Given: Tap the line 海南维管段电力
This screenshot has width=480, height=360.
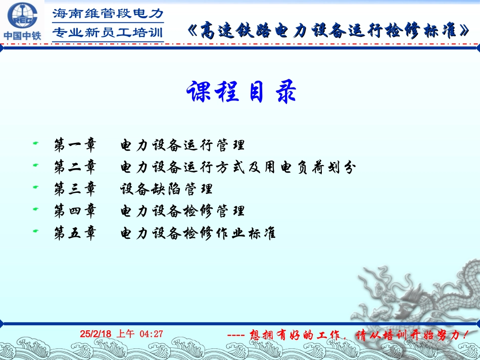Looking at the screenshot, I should point(108,13).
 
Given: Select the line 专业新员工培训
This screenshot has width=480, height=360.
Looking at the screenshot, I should point(108,33).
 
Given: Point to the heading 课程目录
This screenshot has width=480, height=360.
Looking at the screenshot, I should point(241,92).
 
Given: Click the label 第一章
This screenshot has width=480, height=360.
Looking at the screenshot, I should point(75,145).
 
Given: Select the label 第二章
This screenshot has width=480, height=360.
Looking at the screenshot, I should point(75,168).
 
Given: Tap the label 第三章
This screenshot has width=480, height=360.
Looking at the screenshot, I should point(75,189).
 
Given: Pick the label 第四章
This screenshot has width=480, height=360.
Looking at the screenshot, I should point(75,211).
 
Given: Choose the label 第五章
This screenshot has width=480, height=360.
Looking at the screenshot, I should point(75,233).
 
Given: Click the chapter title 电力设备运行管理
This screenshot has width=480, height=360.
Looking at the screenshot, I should point(182,145).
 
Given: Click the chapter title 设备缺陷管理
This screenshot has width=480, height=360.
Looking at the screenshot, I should point(166,189).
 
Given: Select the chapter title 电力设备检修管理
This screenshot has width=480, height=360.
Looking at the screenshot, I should point(182,211).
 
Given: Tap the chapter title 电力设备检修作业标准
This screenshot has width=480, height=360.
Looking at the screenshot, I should point(198,233).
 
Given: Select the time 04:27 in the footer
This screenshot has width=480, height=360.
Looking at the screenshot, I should point(151,334).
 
